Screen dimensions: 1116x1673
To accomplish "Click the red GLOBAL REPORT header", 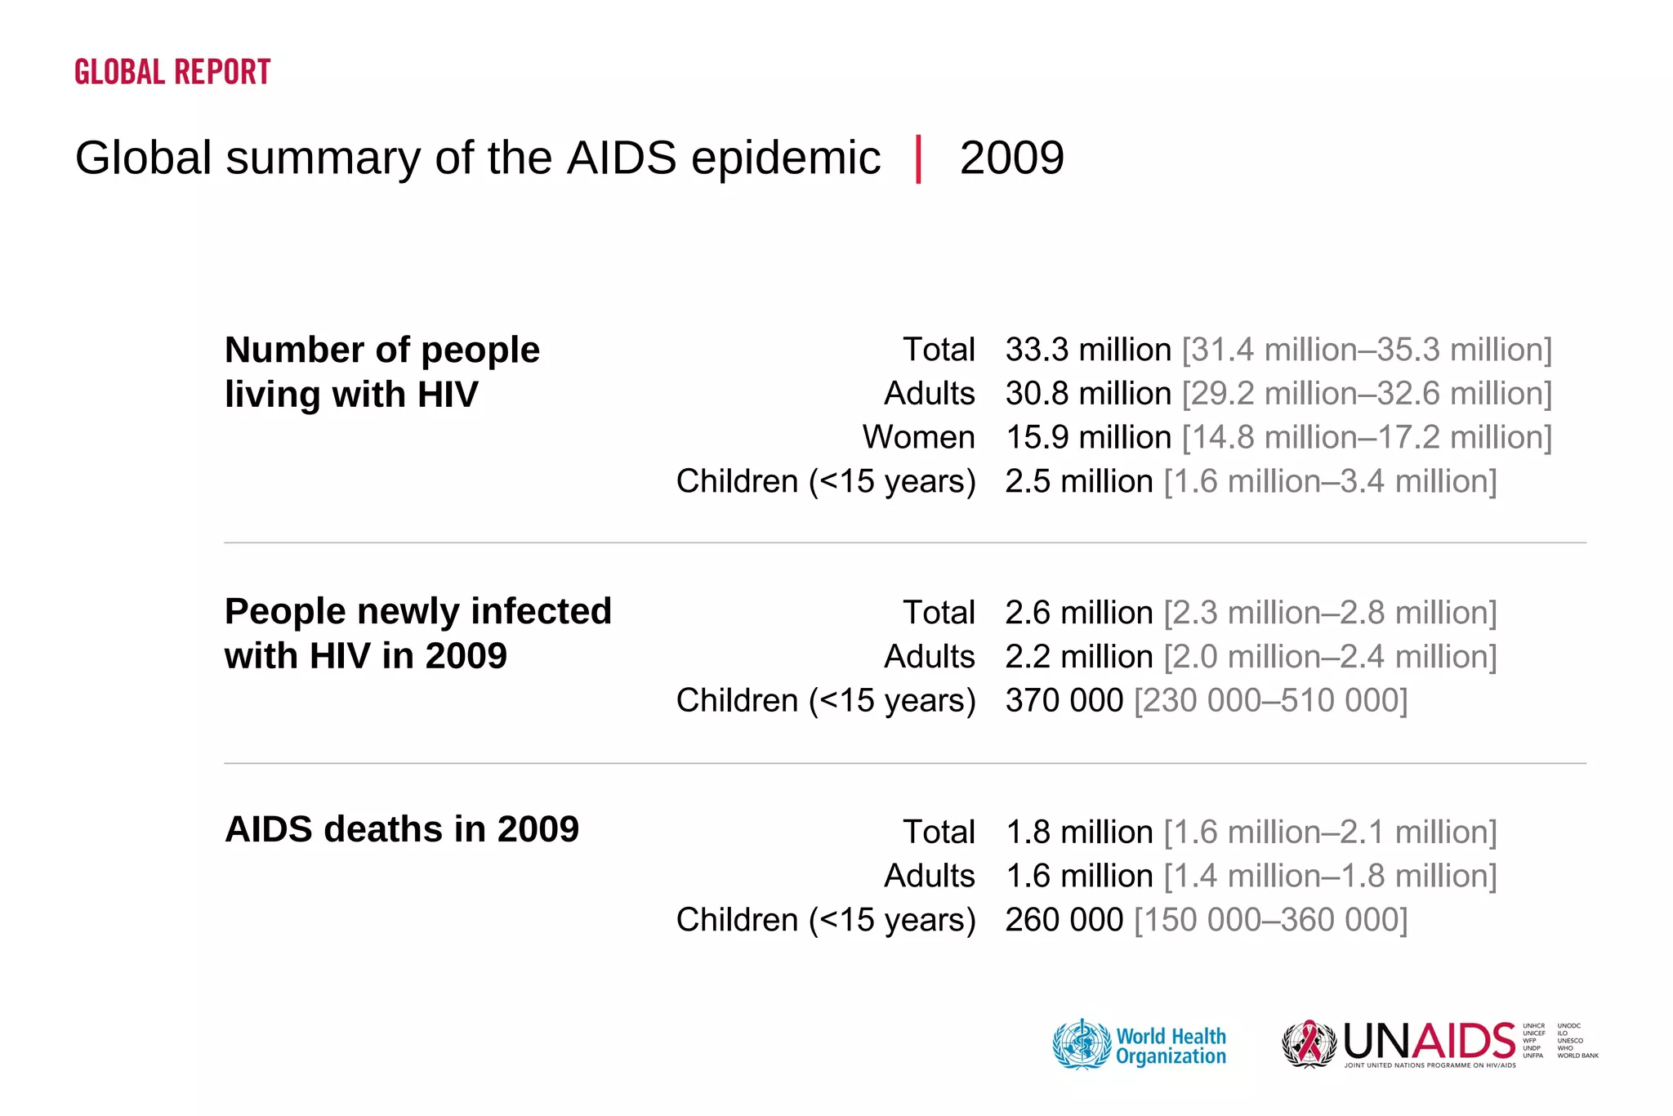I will tap(172, 72).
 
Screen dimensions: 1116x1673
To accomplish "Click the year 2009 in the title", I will tap(1011, 158).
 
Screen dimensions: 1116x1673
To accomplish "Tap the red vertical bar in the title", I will tap(919, 158).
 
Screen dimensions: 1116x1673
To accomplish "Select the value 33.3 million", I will tap(1087, 350).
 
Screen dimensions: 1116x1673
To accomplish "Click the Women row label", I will tap(918, 437).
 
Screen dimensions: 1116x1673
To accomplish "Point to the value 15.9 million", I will tap(1087, 437).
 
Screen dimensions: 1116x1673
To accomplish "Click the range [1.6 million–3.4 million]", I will tap(1330, 481).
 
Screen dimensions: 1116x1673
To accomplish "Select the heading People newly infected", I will tap(417, 611).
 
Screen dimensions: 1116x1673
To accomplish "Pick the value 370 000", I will tap(1064, 700).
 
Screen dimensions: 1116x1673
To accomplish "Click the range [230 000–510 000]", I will tap(1270, 700).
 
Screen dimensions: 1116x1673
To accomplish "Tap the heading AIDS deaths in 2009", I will tap(401, 829).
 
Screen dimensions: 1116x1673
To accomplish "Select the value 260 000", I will tap(1064, 920).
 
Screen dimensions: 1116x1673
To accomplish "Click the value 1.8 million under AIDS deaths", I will tap(1078, 832).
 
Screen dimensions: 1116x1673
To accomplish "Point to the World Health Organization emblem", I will tap(1082, 1044).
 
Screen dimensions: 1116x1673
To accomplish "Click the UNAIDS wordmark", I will tap(1429, 1042).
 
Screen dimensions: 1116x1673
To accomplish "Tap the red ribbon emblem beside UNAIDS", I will tap(1309, 1043).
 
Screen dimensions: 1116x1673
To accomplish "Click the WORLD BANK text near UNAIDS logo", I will tap(1577, 1056).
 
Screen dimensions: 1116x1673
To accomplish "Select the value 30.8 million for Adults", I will tap(1087, 394).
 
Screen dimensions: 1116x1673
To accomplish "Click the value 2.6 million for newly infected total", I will tap(1078, 613).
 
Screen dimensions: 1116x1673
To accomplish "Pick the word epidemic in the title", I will tap(785, 158).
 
